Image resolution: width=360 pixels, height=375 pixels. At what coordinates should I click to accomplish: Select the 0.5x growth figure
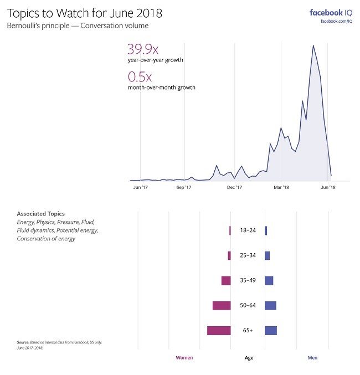pyautogui.click(x=140, y=76)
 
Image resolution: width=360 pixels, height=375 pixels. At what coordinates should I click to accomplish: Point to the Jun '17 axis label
pyautogui.click(x=141, y=188)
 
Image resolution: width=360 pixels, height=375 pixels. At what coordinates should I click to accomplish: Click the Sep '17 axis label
pyautogui.click(x=184, y=188)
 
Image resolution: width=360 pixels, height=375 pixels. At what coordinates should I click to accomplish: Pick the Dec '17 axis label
pyautogui.click(x=235, y=188)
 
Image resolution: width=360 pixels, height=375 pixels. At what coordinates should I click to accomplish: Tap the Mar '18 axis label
pyautogui.click(x=281, y=188)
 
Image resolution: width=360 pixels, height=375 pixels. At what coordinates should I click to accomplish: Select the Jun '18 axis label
pyautogui.click(x=328, y=188)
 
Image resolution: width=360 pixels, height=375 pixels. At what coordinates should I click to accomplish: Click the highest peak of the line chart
pyautogui.click(x=313, y=45)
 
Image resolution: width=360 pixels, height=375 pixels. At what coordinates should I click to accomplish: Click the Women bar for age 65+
pyautogui.click(x=219, y=331)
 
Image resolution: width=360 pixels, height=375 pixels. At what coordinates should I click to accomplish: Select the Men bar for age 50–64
pyautogui.click(x=270, y=306)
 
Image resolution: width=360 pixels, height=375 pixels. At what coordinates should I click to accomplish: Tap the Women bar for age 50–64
pyautogui.click(x=222, y=306)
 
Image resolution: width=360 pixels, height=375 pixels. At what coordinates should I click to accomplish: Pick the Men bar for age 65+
pyautogui.click(x=271, y=331)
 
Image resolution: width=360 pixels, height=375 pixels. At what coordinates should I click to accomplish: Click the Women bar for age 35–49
pyautogui.click(x=226, y=281)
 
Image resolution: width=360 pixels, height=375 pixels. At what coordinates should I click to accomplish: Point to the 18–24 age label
pyautogui.click(x=248, y=230)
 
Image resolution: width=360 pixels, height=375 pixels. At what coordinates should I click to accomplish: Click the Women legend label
pyautogui.click(x=184, y=358)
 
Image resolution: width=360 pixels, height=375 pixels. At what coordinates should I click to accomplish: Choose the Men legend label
pyautogui.click(x=313, y=358)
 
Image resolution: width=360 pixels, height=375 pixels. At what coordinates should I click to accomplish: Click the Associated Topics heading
pyautogui.click(x=40, y=214)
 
